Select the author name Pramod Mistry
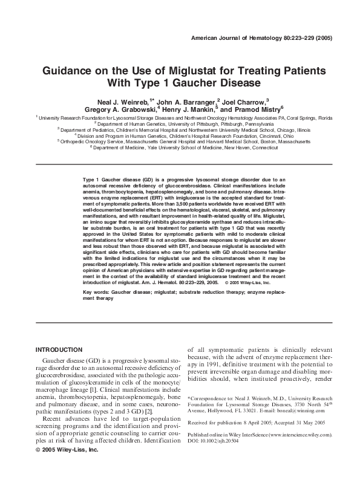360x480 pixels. click(254, 110)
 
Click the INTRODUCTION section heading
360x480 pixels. click(59, 350)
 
